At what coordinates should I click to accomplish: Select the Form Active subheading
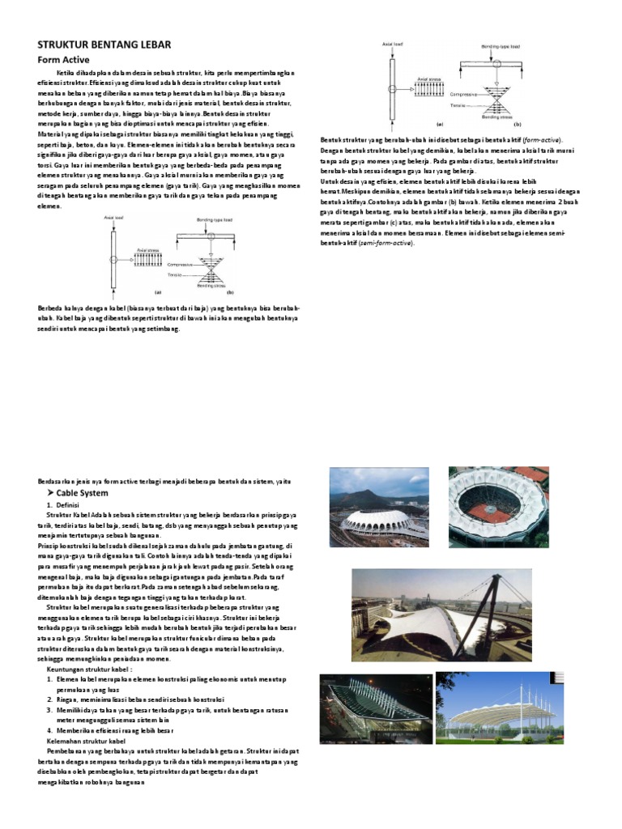click(64, 60)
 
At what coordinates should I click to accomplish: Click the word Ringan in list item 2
click(68, 699)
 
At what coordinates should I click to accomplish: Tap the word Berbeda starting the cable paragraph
click(51, 308)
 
